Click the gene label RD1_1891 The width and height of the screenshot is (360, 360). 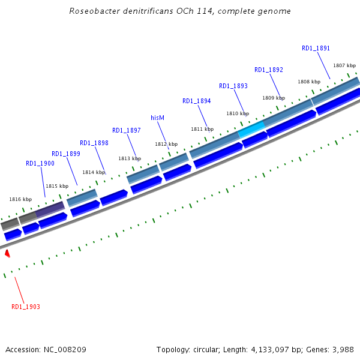[316, 48]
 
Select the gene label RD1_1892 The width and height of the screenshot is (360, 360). [269, 70]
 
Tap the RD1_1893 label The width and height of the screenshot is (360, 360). [233, 86]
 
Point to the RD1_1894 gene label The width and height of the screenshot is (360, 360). [197, 101]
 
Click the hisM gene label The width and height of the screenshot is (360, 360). [157, 118]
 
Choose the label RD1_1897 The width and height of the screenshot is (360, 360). [127, 130]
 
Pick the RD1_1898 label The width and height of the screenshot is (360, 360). [94, 143]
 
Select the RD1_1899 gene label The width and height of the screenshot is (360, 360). [66, 154]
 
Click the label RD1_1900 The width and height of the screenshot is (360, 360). [40, 163]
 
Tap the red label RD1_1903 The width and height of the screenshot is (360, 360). [26, 307]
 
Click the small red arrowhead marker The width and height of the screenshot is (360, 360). [7, 254]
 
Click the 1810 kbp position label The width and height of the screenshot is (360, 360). [237, 113]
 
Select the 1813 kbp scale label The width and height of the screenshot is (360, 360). [129, 158]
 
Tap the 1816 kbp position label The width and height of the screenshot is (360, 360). [20, 199]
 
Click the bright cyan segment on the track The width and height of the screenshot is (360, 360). [251, 129]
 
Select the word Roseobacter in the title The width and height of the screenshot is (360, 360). [92, 11]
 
